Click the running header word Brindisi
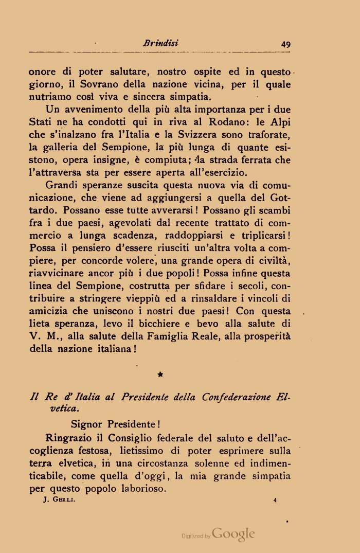point(160,44)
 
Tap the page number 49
point(286,44)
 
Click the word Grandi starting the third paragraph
point(61,185)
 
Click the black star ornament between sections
point(160,376)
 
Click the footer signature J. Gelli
point(57,500)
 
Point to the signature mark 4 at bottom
point(276,500)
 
